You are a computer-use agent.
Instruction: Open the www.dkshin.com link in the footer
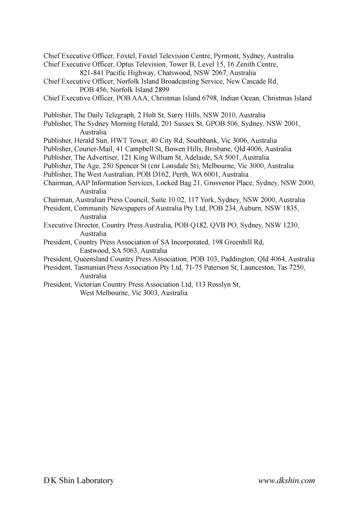[x=287, y=481]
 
